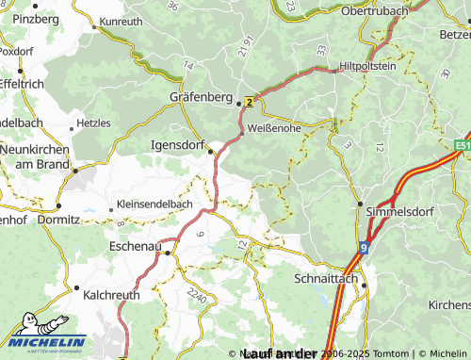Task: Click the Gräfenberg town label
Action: click(x=200, y=96)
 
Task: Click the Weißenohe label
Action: click(x=276, y=127)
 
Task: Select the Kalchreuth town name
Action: click(x=111, y=295)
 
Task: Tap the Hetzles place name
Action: click(x=93, y=123)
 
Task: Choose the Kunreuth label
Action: click(x=121, y=21)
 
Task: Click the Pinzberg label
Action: click(x=35, y=18)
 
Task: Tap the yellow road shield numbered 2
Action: click(x=249, y=101)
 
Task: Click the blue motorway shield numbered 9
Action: click(x=363, y=248)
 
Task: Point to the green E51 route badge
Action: click(x=462, y=146)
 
